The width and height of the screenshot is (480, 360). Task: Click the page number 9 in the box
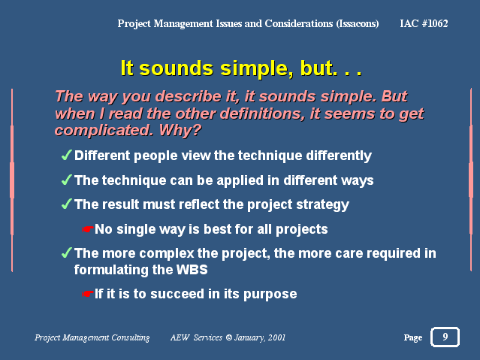(x=445, y=337)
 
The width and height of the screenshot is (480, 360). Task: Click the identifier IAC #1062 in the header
(x=424, y=23)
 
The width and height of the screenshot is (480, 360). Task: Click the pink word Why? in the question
(x=180, y=131)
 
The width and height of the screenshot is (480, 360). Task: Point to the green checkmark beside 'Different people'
(x=66, y=155)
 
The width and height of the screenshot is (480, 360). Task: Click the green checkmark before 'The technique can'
(x=66, y=180)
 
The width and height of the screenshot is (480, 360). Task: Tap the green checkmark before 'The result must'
(x=66, y=204)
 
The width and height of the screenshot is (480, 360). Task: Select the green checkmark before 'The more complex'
(x=66, y=253)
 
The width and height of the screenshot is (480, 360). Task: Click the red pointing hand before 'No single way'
(x=88, y=229)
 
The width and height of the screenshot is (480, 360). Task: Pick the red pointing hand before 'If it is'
(x=88, y=294)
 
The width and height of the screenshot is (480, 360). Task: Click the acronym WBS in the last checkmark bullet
(x=192, y=270)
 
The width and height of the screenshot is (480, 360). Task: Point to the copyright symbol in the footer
(x=228, y=337)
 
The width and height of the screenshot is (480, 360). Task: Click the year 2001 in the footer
(x=276, y=337)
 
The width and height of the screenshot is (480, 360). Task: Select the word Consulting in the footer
(x=131, y=337)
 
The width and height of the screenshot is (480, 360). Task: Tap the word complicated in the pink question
(x=104, y=131)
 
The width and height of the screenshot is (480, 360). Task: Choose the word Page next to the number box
(x=413, y=337)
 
